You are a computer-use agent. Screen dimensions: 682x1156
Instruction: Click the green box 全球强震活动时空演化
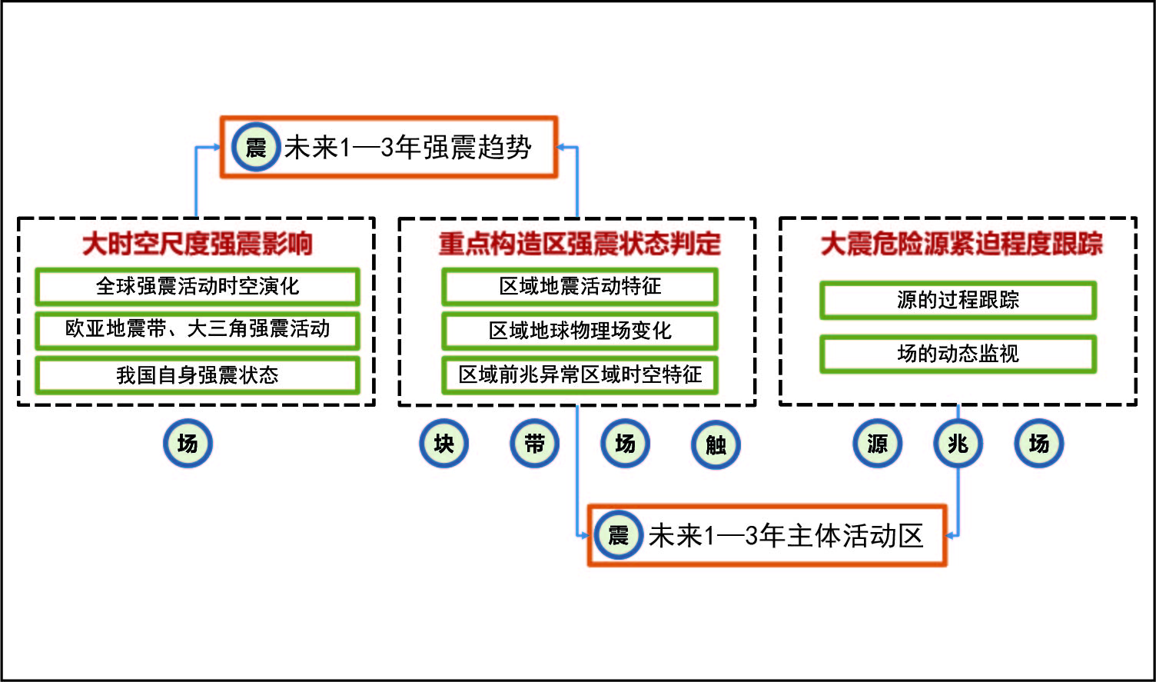197,286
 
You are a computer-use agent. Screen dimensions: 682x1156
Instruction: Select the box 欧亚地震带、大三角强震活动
197,329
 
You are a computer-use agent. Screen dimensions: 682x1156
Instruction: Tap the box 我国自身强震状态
197,374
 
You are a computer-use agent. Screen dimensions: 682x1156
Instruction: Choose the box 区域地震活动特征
580,286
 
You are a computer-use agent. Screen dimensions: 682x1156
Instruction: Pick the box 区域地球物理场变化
580,331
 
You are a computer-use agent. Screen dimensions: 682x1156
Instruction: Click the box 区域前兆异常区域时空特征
580,374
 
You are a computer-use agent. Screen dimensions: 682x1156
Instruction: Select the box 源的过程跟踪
958,300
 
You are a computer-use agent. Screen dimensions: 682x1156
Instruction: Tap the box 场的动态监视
958,354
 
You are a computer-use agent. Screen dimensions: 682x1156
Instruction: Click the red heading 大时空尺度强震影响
197,244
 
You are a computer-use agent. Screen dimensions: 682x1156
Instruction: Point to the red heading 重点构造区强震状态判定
580,244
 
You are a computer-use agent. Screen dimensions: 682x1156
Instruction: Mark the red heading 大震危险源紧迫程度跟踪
961,244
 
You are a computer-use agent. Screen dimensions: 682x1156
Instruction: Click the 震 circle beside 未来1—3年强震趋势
255,147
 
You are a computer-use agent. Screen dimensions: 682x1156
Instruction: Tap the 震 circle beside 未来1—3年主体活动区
618,535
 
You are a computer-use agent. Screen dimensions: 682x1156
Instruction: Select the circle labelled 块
443,444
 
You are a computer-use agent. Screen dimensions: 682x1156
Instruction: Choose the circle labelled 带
534,444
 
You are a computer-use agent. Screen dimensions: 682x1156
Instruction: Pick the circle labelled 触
716,444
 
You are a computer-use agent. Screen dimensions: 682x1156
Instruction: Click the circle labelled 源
877,444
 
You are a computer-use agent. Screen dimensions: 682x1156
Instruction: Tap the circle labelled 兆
958,444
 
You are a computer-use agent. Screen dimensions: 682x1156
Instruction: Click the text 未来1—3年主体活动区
786,536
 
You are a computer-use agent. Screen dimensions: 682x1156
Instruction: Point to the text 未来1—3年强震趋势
408,147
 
